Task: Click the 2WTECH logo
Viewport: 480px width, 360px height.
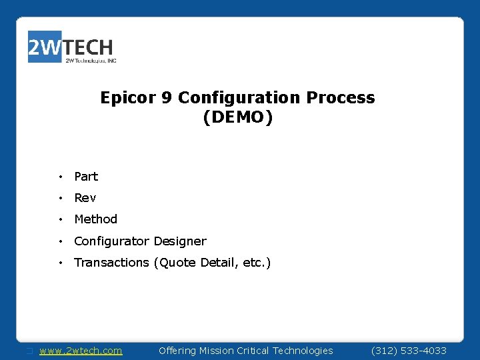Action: point(71,47)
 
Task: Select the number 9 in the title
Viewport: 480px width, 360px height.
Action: point(168,98)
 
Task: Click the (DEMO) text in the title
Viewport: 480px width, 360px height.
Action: point(237,118)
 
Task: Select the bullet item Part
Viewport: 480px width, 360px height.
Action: point(86,177)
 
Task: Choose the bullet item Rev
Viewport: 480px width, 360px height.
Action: point(85,198)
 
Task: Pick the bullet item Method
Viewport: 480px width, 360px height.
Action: point(95,219)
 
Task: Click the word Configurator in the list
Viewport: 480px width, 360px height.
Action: point(111,241)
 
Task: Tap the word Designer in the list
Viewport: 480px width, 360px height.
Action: point(180,241)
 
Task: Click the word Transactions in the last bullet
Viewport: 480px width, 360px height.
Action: point(111,263)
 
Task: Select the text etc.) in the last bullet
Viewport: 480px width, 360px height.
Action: point(257,263)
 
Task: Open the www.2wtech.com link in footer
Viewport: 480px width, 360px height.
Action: point(81,351)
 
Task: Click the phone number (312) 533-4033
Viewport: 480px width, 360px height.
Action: point(409,351)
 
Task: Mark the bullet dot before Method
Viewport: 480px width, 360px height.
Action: point(60,219)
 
